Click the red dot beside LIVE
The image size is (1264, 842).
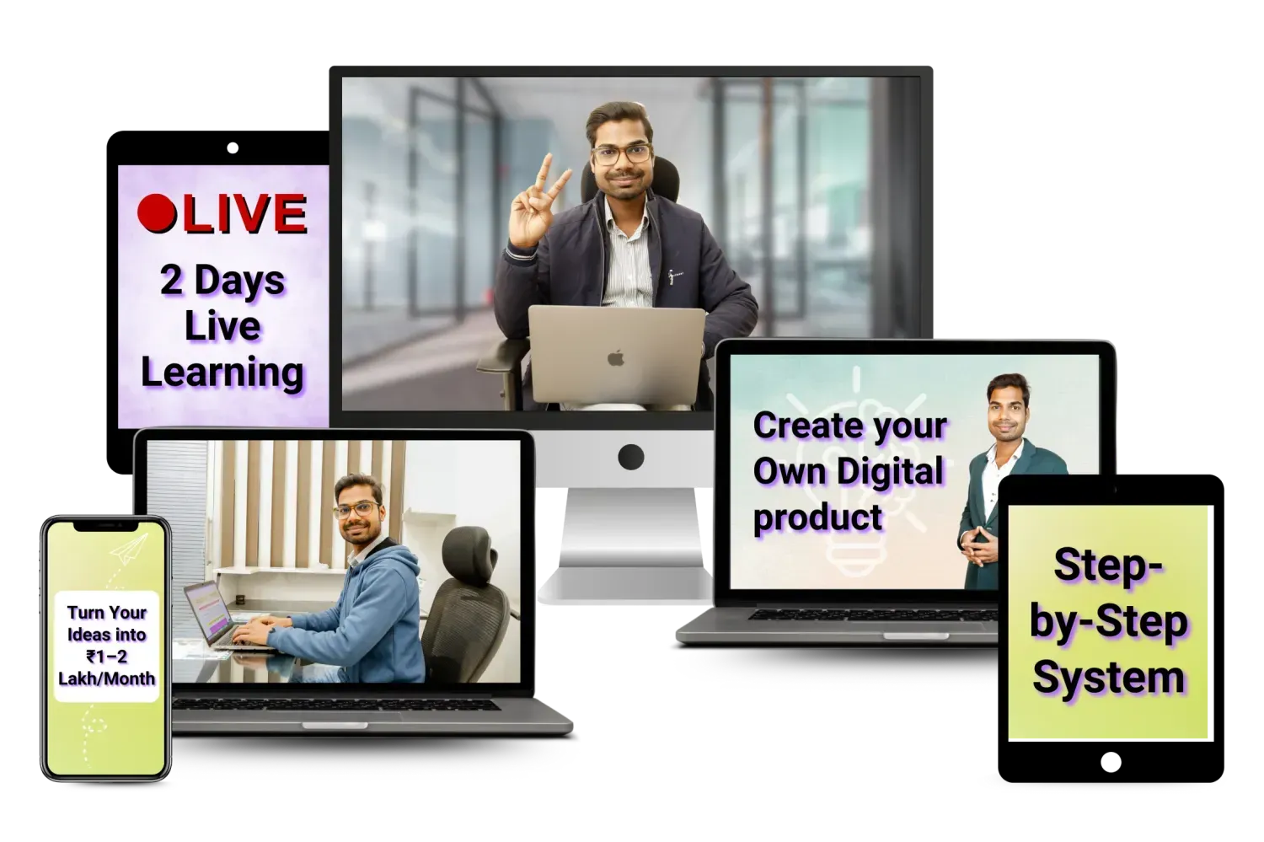(x=157, y=213)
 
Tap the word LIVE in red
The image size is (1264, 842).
(x=244, y=214)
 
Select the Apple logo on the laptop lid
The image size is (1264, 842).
(x=616, y=358)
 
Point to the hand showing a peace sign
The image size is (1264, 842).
(x=535, y=206)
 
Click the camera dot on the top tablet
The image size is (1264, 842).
(x=233, y=147)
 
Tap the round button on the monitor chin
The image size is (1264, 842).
(x=631, y=457)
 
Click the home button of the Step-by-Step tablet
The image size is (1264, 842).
(x=1111, y=762)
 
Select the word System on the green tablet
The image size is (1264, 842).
(x=1108, y=678)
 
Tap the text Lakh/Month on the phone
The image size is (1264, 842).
(x=107, y=678)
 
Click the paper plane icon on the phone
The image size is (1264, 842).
(x=129, y=549)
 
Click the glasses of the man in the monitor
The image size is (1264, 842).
(x=621, y=153)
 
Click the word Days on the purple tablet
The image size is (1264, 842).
(x=240, y=281)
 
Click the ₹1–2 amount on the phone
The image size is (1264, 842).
(x=107, y=657)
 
